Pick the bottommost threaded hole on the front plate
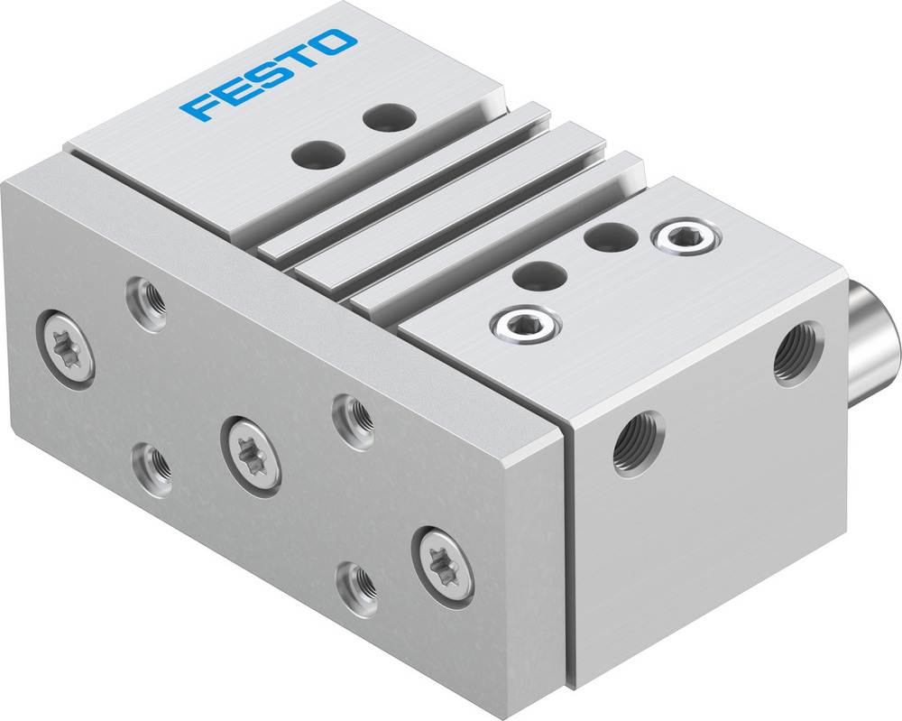(357, 589)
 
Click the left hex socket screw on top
(524, 324)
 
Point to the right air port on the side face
(798, 354)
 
